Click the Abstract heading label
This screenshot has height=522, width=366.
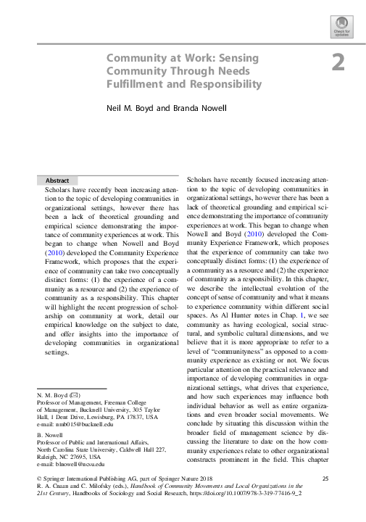click(57, 180)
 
